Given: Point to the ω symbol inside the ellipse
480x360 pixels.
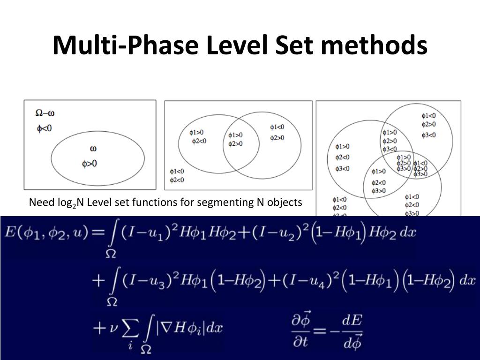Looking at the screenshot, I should (93, 149).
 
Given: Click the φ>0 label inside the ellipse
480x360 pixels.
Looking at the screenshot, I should (90, 164).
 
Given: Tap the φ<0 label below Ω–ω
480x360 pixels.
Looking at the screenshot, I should (45, 128).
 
